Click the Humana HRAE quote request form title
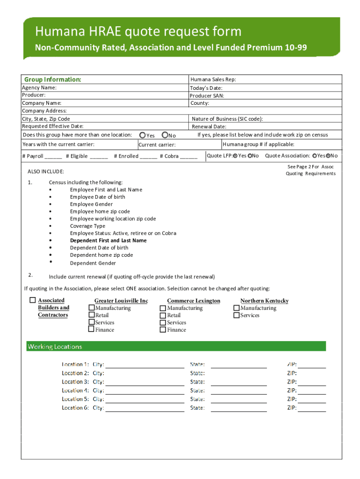click(138, 31)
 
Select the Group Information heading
click(52, 80)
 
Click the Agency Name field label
click(39, 87)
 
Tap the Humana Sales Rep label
click(213, 80)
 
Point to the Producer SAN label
click(207, 95)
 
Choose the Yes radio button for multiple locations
click(143, 135)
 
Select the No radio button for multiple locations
click(165, 135)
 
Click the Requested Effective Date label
click(53, 126)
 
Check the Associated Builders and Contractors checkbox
click(32, 300)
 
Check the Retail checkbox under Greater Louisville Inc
click(92, 315)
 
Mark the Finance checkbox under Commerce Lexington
click(163, 330)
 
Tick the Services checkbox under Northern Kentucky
click(236, 315)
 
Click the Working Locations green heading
click(55, 347)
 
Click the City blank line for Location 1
click(145, 365)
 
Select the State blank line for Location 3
click(238, 382)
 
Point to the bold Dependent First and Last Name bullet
click(108, 240)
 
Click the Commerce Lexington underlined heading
click(194, 301)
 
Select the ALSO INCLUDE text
click(46, 172)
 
